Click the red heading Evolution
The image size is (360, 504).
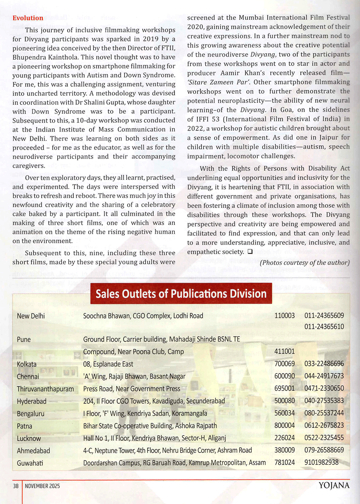coord(28,18)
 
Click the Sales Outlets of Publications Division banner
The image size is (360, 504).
coord(181,294)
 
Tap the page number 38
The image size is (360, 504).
coord(16,486)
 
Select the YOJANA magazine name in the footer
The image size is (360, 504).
coord(334,486)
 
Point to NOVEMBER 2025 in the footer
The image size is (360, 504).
coord(42,486)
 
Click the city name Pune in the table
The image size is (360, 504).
coord(24,339)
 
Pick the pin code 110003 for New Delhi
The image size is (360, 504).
coord(284,315)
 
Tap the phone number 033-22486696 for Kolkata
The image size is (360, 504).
coord(324,364)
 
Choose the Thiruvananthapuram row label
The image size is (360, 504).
coord(45,389)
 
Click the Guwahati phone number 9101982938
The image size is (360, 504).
coord(321,462)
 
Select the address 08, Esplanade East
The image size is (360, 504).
coord(108,364)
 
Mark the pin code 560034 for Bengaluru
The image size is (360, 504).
coord(284,413)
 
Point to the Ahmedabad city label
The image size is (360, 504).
coord(33,451)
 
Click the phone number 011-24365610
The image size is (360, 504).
coord(324,327)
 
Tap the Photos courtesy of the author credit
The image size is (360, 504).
coord(305,263)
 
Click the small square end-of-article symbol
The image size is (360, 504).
coord(250,252)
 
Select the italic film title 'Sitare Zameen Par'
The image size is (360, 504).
coord(219,82)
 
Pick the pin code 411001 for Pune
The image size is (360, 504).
coord(284,351)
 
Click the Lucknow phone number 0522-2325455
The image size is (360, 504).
coord(324,438)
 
